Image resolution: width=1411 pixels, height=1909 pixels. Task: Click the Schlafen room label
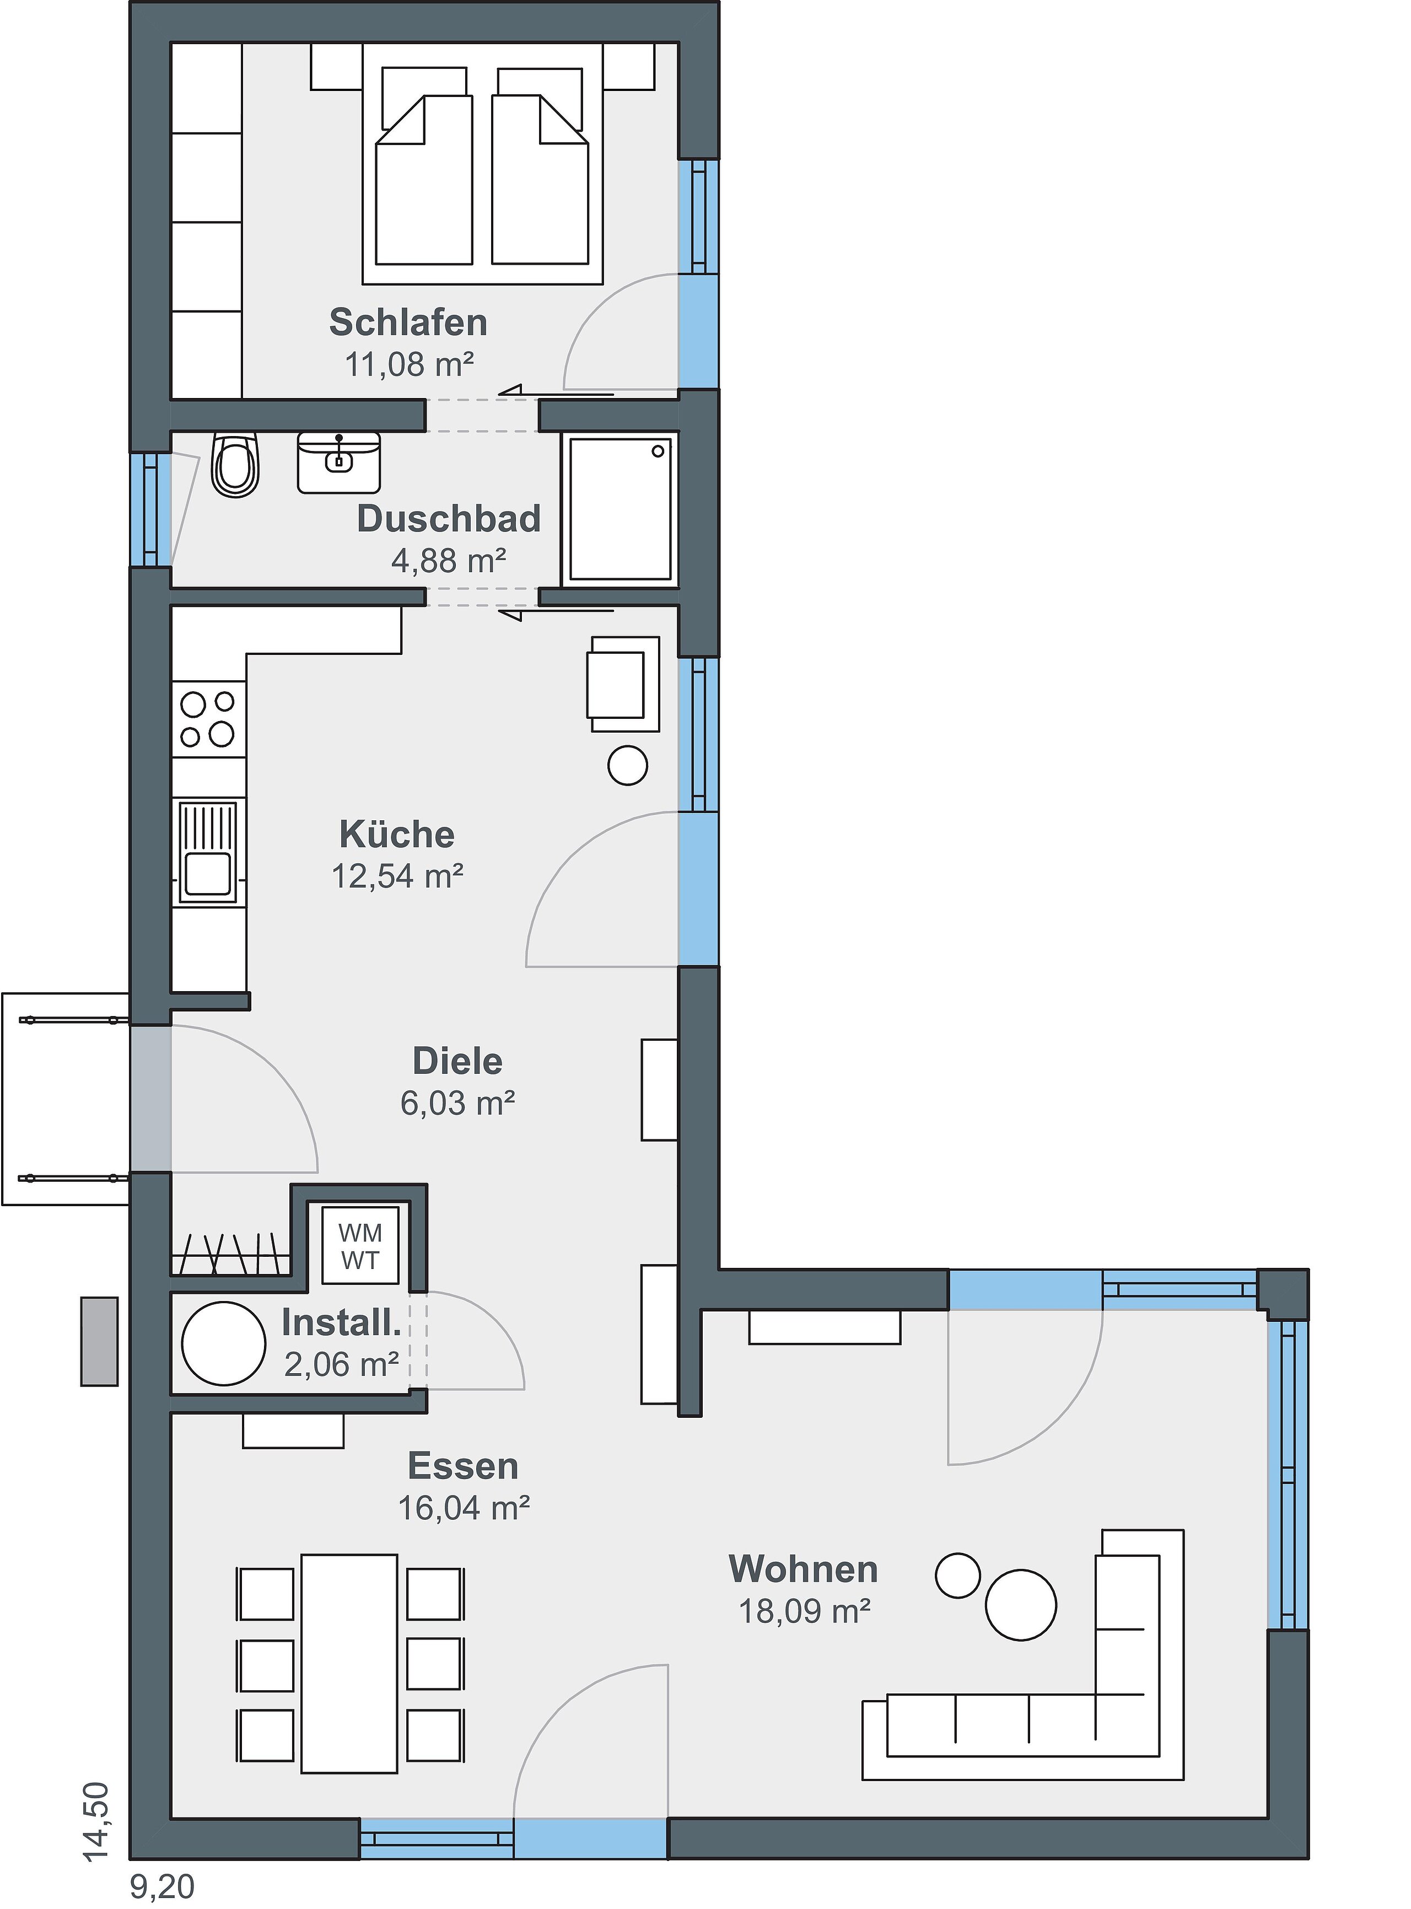[x=408, y=323]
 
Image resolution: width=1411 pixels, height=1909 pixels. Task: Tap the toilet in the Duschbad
[x=235, y=465]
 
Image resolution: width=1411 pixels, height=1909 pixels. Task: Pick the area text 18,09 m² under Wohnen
[x=805, y=1612]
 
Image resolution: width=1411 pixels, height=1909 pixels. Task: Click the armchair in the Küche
[x=623, y=684]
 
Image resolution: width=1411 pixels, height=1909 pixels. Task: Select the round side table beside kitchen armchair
[x=628, y=765]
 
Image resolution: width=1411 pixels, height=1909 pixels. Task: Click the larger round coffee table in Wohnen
[x=1021, y=1605]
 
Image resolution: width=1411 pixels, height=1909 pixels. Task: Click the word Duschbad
[x=449, y=519]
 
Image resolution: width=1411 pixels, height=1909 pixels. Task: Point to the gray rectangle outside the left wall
[x=99, y=1341]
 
